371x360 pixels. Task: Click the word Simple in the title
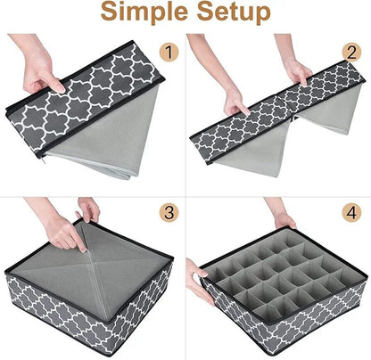tap(144, 12)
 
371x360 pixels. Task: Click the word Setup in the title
tap(234, 12)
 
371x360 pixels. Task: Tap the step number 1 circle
tap(169, 52)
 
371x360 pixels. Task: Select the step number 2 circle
tap(351, 52)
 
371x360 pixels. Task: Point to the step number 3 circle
tap(169, 213)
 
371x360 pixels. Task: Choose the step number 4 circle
tap(351, 213)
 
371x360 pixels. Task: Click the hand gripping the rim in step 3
tap(88, 209)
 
